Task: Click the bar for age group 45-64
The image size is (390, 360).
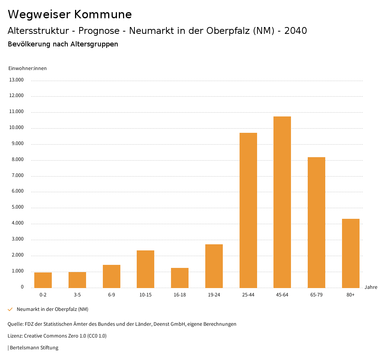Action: (282, 202)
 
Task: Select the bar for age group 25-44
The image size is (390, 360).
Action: (248, 210)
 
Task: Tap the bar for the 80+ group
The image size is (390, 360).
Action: (350, 253)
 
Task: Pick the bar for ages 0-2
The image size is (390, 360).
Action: (43, 280)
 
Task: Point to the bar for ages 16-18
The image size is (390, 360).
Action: (180, 278)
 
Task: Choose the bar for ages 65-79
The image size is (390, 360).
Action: (316, 222)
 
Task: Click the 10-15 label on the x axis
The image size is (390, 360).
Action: (145, 295)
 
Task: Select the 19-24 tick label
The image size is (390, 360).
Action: (214, 295)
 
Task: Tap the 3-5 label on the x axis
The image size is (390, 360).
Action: (77, 295)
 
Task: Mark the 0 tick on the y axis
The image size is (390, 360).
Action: (22, 287)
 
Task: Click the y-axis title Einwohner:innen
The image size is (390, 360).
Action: (27, 68)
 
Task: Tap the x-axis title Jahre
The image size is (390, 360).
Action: (371, 287)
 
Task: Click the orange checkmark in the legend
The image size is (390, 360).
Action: (10, 309)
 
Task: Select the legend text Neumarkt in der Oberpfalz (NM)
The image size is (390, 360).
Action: (53, 309)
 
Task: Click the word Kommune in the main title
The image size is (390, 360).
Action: (103, 14)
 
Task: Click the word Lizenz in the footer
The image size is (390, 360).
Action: (15, 336)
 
